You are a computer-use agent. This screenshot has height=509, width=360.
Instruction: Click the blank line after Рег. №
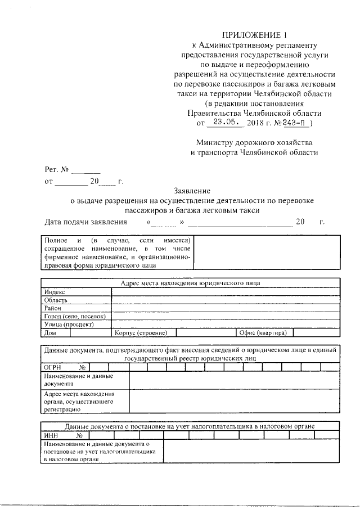coord(85,169)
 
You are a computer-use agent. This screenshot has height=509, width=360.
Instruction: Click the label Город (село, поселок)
coord(75,316)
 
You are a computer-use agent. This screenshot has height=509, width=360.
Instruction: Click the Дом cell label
coord(50,333)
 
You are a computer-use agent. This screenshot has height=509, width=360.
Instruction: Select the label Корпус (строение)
coord(138,333)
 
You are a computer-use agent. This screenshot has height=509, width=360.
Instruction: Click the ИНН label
coord(50,435)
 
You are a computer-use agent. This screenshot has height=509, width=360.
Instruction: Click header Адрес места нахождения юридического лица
coord(191,283)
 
